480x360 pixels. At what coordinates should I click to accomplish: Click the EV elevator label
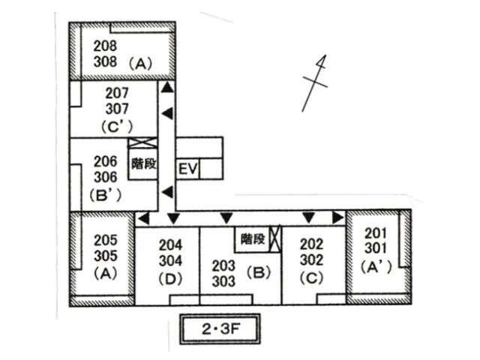187,170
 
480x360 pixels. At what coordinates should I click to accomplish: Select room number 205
105,241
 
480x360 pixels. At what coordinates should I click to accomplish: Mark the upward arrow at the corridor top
168,88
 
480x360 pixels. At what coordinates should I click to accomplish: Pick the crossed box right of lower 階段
275,238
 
